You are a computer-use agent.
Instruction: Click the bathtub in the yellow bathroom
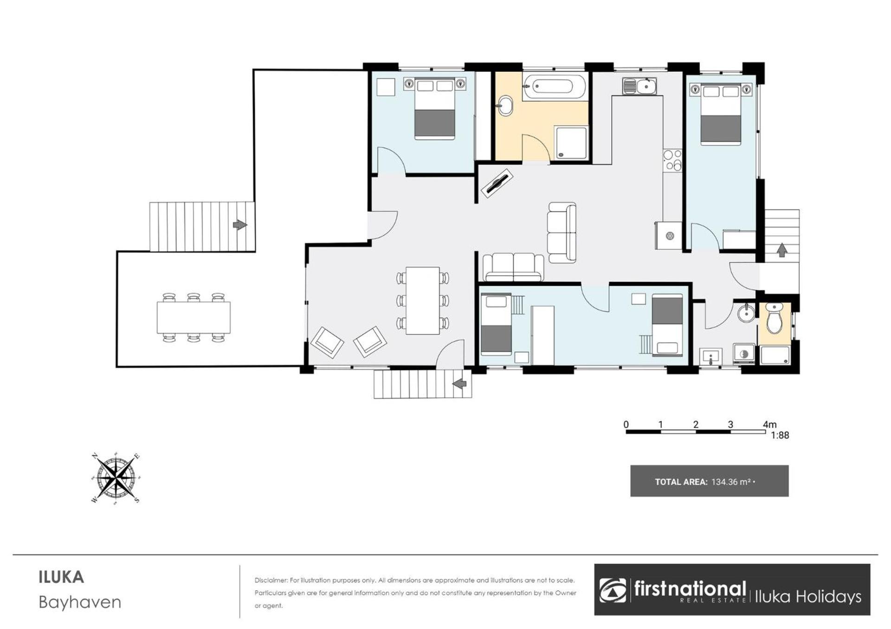pyautogui.click(x=554, y=87)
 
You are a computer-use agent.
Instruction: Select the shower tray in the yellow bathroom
pyautogui.click(x=571, y=143)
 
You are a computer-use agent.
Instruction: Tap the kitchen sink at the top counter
pyautogui.click(x=639, y=86)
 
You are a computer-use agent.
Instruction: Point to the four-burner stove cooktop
pyautogui.click(x=672, y=160)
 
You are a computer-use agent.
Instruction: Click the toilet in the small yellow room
pyautogui.click(x=774, y=318)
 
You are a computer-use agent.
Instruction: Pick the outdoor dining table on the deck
pyautogui.click(x=194, y=318)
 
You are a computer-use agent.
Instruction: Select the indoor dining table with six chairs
pyautogui.click(x=423, y=300)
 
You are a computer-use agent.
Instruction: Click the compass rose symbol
pyautogui.click(x=116, y=478)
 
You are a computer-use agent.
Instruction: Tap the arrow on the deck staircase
pyautogui.click(x=240, y=225)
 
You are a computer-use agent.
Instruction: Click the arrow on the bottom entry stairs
pyautogui.click(x=459, y=384)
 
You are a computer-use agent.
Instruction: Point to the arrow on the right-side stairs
pyautogui.click(x=782, y=250)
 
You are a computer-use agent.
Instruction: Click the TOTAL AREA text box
pyautogui.click(x=709, y=481)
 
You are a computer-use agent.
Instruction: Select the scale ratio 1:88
pyautogui.click(x=780, y=435)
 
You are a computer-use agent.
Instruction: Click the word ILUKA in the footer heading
pyautogui.click(x=61, y=578)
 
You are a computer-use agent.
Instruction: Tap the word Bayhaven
pyautogui.click(x=80, y=602)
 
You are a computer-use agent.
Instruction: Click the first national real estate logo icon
pyautogui.click(x=612, y=591)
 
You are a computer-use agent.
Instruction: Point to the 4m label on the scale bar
pyautogui.click(x=769, y=424)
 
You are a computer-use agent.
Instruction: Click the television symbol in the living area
pyautogui.click(x=497, y=184)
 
